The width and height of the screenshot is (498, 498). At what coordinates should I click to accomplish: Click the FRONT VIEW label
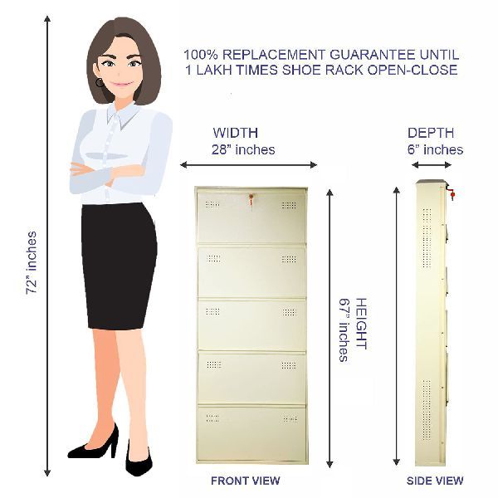(245, 481)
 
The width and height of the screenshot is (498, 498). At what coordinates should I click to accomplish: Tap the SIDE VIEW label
(435, 481)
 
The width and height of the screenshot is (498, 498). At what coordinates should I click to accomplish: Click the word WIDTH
(236, 133)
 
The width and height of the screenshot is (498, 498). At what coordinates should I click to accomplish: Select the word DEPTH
(431, 133)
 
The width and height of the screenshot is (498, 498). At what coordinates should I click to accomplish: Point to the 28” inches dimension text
(243, 149)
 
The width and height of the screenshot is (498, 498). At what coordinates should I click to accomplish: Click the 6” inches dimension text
(435, 149)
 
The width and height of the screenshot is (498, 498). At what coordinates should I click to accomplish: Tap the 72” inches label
(32, 263)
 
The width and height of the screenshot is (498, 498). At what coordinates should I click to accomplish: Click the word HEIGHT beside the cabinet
(361, 324)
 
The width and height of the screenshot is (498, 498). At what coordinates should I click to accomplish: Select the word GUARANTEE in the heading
(372, 55)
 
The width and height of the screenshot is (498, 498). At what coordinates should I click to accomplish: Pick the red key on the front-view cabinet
(251, 199)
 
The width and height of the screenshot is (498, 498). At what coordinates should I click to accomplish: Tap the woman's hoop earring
(100, 82)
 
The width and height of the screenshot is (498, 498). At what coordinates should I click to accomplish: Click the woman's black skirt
(119, 266)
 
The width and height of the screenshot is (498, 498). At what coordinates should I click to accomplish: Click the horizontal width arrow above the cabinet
(248, 164)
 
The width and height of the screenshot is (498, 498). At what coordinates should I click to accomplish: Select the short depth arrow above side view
(432, 164)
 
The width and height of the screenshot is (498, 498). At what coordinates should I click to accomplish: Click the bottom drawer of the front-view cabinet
(251, 432)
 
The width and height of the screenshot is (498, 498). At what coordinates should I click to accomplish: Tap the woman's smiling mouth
(121, 85)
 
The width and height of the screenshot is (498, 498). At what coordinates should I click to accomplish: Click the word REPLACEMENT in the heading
(274, 55)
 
